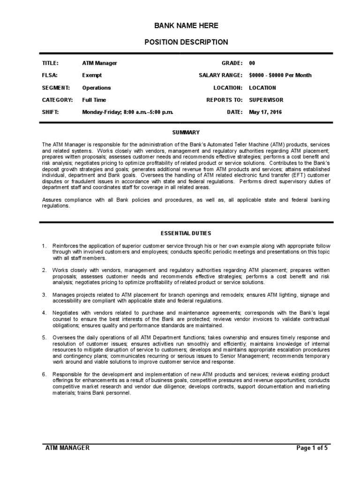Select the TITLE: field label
coord(50,63)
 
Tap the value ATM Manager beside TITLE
coord(99,63)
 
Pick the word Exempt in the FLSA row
coord(92,75)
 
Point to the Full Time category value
coord(94,100)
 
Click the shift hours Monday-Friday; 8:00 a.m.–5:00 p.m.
coord(127,112)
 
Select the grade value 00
coord(252,63)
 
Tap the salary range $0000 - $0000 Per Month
coord(280,75)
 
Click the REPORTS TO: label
coord(225,100)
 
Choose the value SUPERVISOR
coord(266,100)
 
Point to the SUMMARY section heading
coord(186,133)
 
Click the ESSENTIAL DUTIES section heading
coord(186,233)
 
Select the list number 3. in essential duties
coord(44,295)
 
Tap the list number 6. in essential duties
coord(44,374)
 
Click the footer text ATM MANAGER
coord(67,448)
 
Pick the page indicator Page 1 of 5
coord(312,448)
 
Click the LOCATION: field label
coord(228,88)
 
